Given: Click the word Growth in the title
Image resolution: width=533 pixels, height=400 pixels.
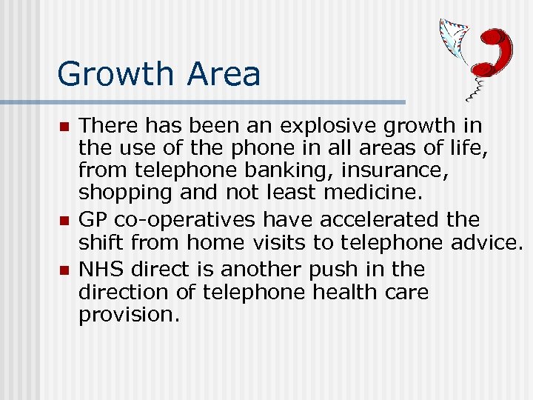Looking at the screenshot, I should [x=113, y=75].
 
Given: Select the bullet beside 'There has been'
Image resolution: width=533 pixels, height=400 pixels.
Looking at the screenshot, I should [x=64, y=127].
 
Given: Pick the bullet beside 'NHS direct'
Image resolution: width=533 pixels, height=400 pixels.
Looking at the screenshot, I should [x=64, y=270].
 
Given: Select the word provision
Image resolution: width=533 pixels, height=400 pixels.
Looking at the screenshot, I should [x=128, y=316].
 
